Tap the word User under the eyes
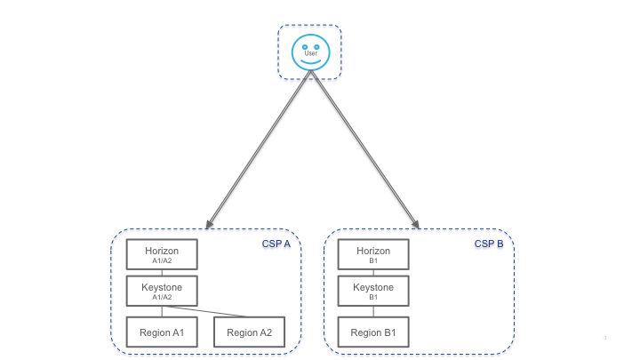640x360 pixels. [x=310, y=53]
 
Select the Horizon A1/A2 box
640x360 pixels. [x=161, y=254]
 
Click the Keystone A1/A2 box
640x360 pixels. [x=161, y=291]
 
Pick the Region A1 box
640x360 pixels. [x=161, y=332]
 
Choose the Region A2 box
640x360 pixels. [x=249, y=332]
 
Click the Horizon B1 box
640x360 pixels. [x=373, y=254]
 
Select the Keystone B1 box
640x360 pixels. [x=373, y=291]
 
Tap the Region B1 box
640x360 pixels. [x=373, y=332]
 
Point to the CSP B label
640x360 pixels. [x=488, y=244]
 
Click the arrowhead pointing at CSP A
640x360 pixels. [x=208, y=225]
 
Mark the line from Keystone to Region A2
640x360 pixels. [x=222, y=311]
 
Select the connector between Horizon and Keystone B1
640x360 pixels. [x=373, y=272]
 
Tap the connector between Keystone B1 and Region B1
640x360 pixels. [x=373, y=311]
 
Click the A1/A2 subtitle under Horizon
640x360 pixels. [x=161, y=261]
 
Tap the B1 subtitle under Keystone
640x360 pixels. [x=373, y=298]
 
